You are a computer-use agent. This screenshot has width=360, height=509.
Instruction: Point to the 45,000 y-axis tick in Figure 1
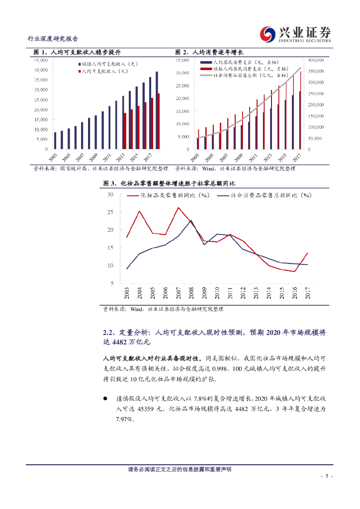point(41,59)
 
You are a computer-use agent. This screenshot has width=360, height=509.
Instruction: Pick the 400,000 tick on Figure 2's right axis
point(316,60)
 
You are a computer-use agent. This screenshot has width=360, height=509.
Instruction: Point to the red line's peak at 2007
point(178,208)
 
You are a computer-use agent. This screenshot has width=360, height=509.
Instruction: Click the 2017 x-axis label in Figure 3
point(307,293)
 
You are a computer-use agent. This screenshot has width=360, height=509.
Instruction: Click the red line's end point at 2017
point(307,253)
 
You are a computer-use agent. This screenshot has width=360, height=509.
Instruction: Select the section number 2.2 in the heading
point(109,333)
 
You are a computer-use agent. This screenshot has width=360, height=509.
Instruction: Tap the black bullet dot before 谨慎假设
point(105,398)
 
